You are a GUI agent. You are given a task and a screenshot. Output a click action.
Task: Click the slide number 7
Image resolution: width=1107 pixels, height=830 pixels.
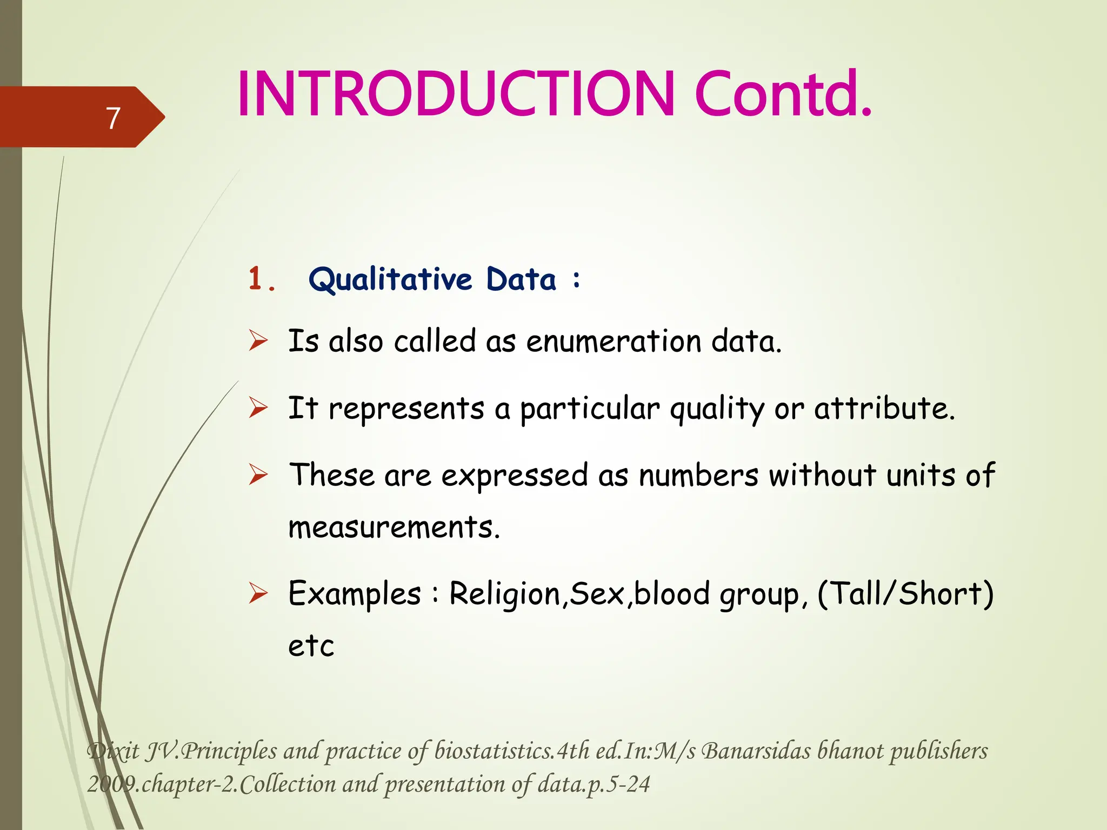tap(112, 118)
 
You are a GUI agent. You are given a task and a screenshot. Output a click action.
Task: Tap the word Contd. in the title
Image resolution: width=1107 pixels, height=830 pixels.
tap(783, 95)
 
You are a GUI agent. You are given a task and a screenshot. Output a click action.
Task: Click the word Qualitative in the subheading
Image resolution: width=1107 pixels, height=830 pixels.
tap(390, 280)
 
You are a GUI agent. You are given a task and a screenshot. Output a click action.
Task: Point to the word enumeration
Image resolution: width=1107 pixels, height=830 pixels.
tap(613, 342)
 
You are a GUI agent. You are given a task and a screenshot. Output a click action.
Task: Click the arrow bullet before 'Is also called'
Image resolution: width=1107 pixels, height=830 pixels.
tap(258, 341)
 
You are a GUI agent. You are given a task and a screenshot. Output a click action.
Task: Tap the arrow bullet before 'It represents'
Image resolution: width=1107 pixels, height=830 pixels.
tap(258, 408)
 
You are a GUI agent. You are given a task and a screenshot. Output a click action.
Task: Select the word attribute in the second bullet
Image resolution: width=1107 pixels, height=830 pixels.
tap(884, 408)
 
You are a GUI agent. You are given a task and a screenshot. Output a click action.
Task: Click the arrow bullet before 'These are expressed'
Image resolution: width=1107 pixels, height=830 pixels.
tap(258, 475)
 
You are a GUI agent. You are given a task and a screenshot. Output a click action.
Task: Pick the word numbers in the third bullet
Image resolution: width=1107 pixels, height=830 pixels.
tap(698, 476)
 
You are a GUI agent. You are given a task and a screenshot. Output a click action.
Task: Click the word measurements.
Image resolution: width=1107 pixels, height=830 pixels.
tap(394, 527)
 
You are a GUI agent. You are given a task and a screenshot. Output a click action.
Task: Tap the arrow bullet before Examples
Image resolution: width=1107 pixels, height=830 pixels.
tap(258, 594)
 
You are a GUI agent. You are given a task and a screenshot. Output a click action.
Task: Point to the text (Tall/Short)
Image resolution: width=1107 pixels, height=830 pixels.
tap(905, 594)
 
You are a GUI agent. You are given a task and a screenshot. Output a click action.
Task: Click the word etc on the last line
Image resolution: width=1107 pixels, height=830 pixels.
tap(311, 646)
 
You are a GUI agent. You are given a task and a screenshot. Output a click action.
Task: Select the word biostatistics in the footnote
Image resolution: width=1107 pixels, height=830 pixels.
tap(494, 752)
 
